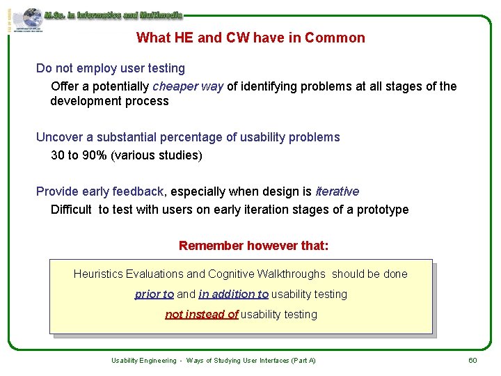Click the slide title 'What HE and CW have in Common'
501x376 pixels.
[x=250, y=38]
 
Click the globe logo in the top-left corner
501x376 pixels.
[x=31, y=18]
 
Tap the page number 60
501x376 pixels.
[x=472, y=360]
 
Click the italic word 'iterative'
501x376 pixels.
[x=337, y=191]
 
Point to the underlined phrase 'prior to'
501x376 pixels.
[x=154, y=294]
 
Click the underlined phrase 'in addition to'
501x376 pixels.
[x=233, y=294]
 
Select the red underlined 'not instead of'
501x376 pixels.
[x=201, y=314]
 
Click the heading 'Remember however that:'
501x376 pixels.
[x=253, y=245]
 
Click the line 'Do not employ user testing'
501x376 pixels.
[x=111, y=68]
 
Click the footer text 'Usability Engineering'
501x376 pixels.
[x=144, y=360]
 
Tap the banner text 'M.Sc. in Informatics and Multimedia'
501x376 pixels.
[x=113, y=15]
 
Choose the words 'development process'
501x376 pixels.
[x=109, y=101]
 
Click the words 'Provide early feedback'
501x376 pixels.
[x=100, y=191]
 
